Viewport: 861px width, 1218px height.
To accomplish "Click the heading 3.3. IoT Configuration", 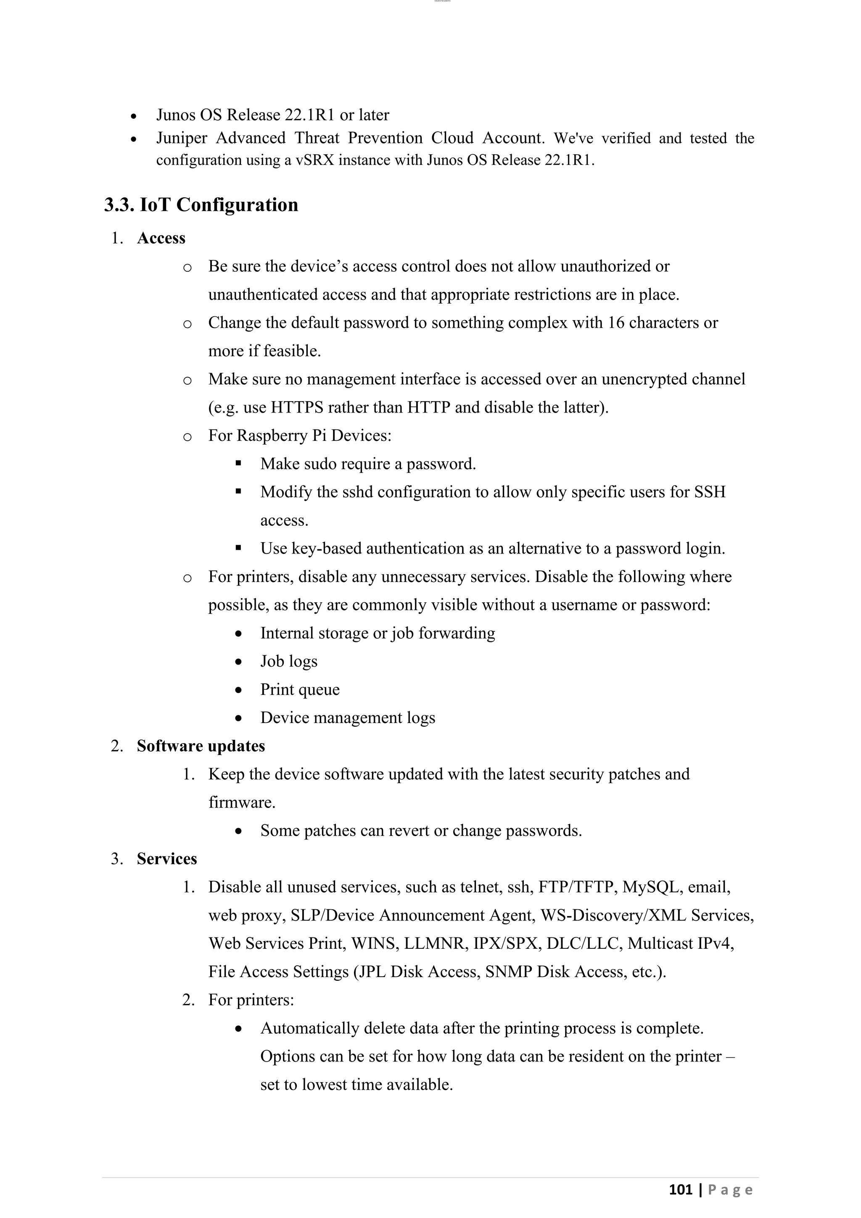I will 201,205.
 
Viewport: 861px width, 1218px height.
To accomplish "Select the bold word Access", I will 161,238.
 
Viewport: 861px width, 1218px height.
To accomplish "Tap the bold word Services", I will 166,859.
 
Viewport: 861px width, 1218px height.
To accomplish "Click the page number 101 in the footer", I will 680,1190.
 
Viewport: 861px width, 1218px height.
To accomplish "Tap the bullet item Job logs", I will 288,662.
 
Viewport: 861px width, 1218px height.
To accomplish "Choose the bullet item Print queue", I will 300,690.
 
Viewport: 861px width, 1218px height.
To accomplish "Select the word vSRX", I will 314,160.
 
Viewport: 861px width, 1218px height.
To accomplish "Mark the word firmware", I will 242,802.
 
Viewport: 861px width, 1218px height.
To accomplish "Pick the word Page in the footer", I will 730,1190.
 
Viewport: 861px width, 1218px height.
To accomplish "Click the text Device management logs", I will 347,718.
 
